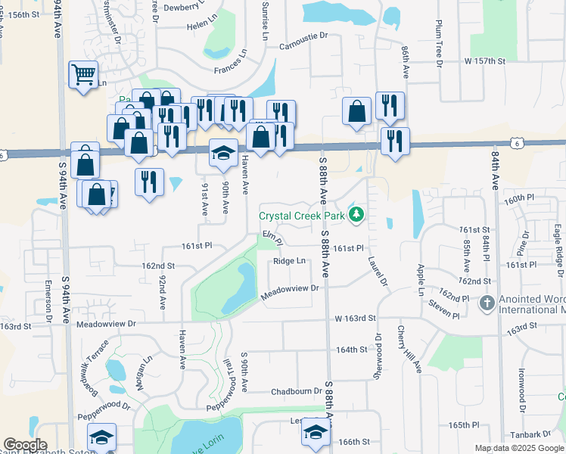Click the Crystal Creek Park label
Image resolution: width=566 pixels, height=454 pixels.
[x=302, y=216]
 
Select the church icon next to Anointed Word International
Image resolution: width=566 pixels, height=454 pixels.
[x=487, y=303]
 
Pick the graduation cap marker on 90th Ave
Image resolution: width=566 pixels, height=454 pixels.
[x=222, y=153]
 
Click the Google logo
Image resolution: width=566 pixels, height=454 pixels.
[x=26, y=446]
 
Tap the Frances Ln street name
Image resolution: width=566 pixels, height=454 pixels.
[x=231, y=63]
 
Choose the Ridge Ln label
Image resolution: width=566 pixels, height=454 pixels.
[x=290, y=261]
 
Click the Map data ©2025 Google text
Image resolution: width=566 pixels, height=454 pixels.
[x=519, y=448]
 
